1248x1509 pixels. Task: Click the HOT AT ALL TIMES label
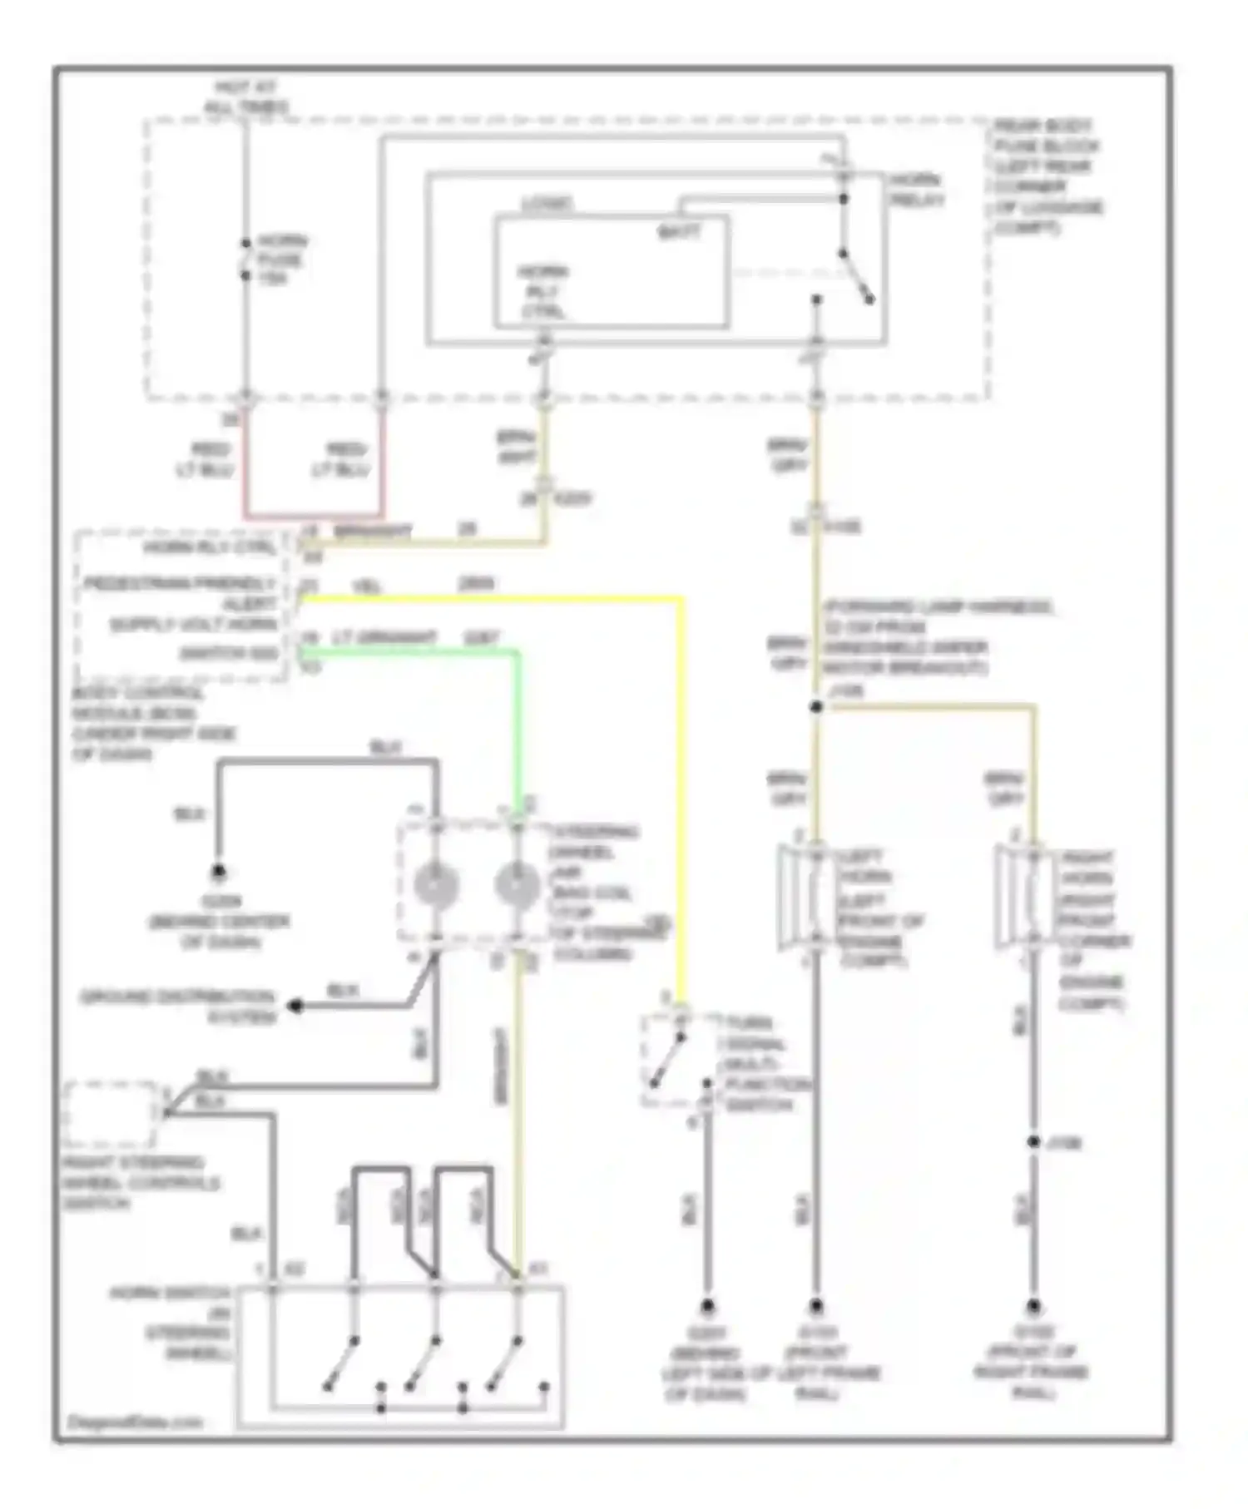click(245, 96)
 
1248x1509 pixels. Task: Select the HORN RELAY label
click(916, 190)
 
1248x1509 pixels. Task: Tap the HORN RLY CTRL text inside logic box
click(542, 292)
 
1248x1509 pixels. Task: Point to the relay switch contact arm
click(856, 277)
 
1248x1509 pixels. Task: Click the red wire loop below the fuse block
click(314, 515)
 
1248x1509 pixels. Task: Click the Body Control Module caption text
click(150, 724)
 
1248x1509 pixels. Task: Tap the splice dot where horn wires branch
click(816, 707)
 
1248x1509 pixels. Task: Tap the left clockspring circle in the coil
click(436, 885)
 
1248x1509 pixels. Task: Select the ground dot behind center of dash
click(218, 872)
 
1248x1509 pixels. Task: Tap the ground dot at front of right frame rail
click(1033, 1306)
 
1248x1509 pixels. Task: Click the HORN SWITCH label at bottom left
click(171, 1322)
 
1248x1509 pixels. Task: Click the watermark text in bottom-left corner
click(133, 1422)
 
